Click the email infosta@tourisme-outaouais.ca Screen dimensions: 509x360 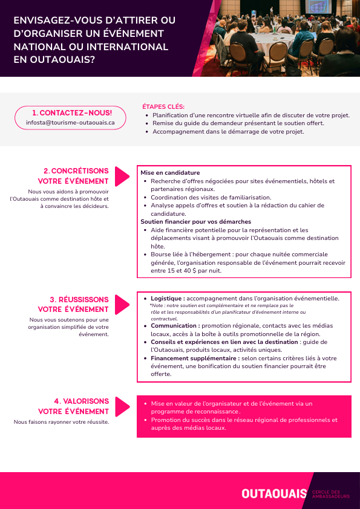click(x=70, y=122)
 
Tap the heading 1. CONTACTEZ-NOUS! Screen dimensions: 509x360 click(x=72, y=113)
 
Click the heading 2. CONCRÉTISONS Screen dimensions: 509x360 click(x=76, y=171)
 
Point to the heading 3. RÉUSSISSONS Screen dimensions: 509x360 click(x=79, y=300)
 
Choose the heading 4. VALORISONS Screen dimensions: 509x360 click(x=81, y=401)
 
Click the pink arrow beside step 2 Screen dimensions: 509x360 click(x=122, y=177)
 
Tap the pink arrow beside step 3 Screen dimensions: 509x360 click(x=122, y=304)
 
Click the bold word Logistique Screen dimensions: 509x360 click(x=167, y=299)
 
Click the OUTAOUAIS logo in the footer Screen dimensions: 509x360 click(x=274, y=494)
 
